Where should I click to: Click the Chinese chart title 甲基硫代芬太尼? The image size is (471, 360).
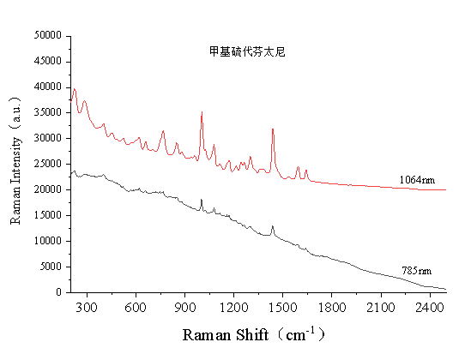point(246,51)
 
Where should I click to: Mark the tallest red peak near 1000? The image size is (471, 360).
point(202,112)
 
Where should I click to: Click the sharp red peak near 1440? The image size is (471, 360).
point(273,129)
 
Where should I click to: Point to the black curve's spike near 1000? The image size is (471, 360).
point(202,199)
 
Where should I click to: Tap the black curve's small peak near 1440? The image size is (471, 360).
point(273,226)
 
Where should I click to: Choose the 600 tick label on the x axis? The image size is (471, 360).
point(136,304)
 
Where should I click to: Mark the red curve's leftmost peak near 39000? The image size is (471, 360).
point(75,89)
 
